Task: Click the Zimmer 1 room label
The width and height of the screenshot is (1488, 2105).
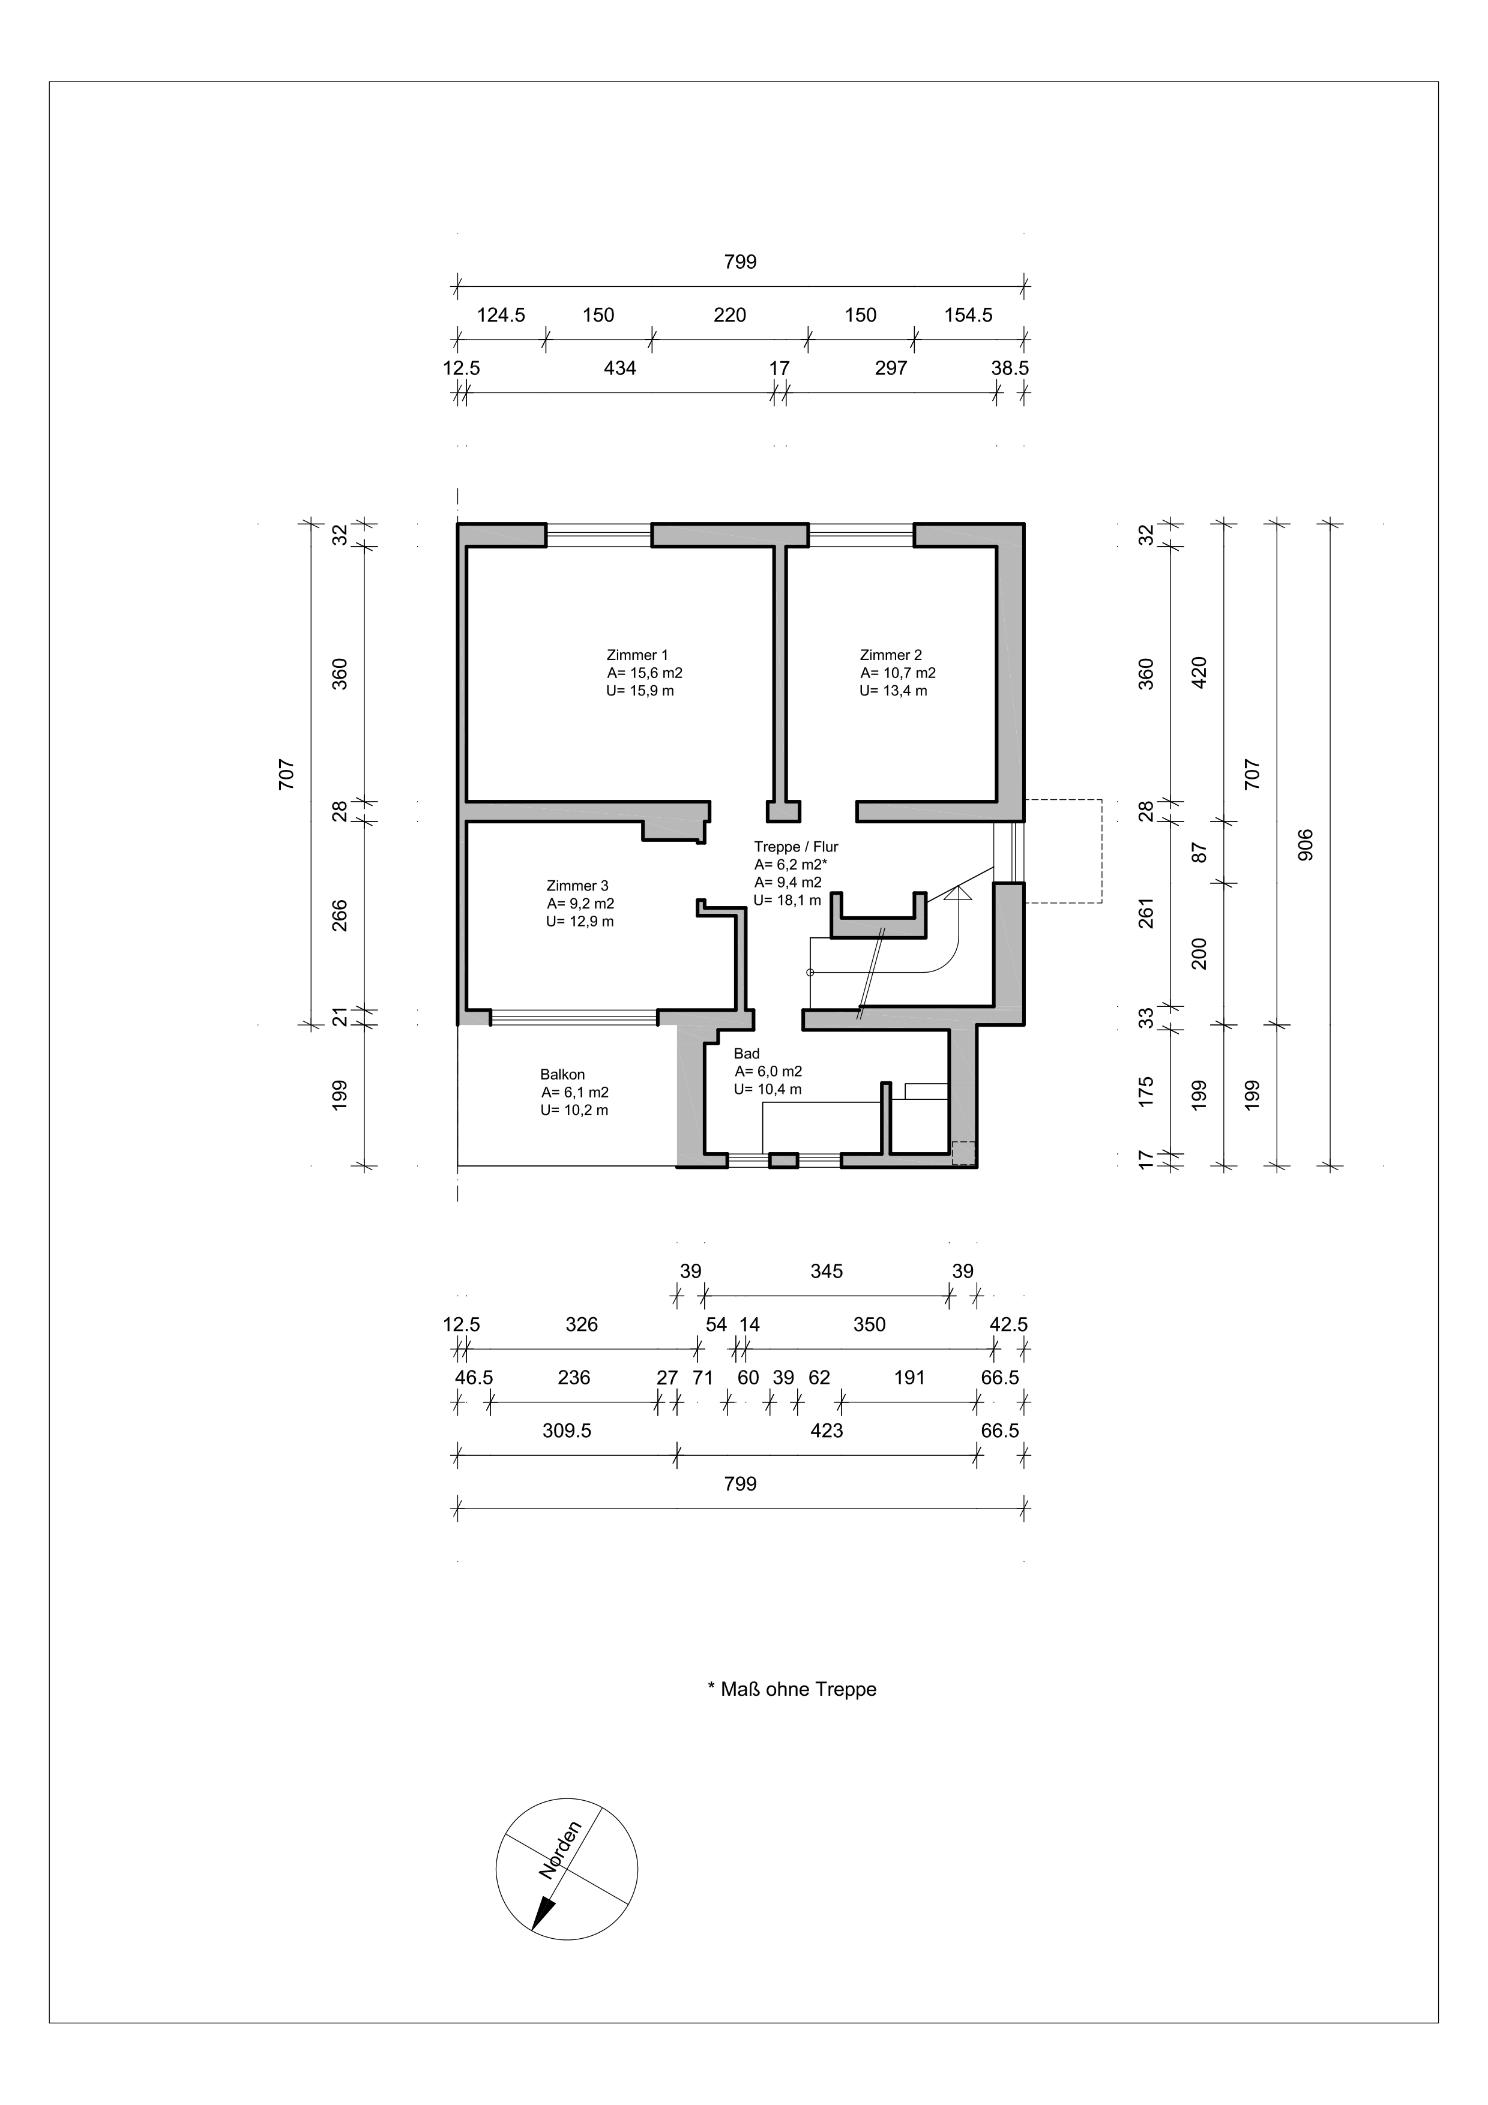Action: point(637,655)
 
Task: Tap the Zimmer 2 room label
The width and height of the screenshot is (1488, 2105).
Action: point(891,655)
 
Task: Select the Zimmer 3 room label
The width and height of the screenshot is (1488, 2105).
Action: point(577,886)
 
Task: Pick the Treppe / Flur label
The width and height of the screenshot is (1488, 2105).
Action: point(796,847)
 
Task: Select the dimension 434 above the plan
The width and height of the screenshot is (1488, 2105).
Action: point(620,368)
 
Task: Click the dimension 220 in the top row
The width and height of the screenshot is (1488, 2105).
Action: point(730,316)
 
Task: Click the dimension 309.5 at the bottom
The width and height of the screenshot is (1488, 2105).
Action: point(567,1431)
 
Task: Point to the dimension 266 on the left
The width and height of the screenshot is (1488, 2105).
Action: point(339,916)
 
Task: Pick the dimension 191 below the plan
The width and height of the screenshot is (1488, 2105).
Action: point(909,1378)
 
